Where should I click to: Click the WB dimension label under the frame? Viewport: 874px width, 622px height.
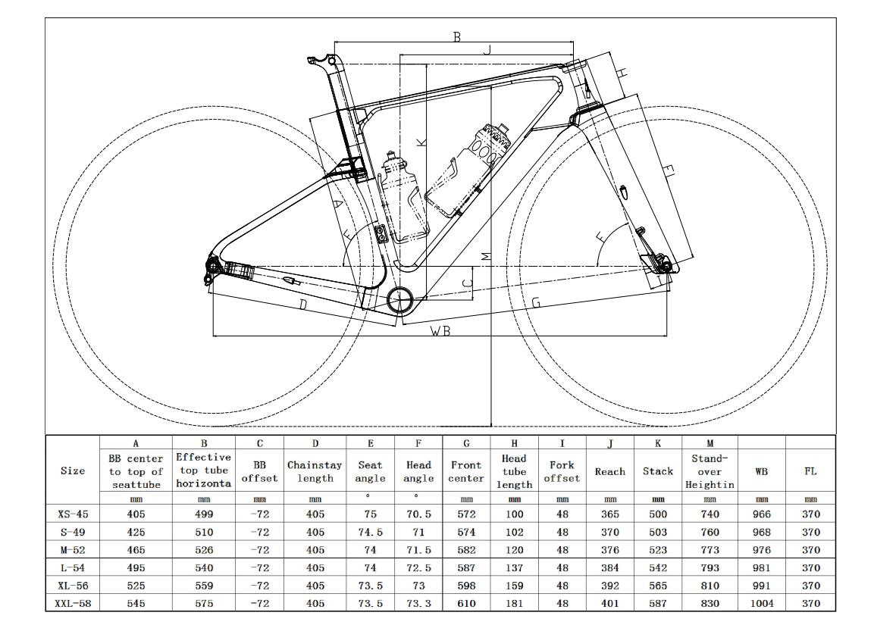pyautogui.click(x=441, y=331)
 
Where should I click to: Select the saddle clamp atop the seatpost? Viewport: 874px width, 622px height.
pyautogui.click(x=321, y=61)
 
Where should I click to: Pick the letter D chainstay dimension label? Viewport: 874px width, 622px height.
pyautogui.click(x=302, y=305)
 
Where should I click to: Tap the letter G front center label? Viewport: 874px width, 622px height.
pyautogui.click(x=535, y=302)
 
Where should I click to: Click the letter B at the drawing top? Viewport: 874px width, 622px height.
pyautogui.click(x=456, y=36)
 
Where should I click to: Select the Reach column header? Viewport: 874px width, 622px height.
pyautogui.click(x=610, y=471)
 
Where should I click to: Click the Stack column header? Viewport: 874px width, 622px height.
pyautogui.click(x=658, y=471)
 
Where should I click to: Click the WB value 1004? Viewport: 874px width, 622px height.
pyautogui.click(x=762, y=603)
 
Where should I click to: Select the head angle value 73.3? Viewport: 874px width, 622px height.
pyautogui.click(x=418, y=603)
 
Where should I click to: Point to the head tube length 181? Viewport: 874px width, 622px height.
pyautogui.click(x=514, y=603)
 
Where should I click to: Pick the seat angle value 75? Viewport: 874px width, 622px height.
pyautogui.click(x=370, y=514)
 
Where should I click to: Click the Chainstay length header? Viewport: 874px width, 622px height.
pyautogui.click(x=315, y=471)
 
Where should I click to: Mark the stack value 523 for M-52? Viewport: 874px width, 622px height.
pyautogui.click(x=658, y=550)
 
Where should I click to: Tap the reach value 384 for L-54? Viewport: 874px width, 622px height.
pyautogui.click(x=610, y=567)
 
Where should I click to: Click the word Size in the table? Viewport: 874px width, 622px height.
pyautogui.click(x=73, y=471)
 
